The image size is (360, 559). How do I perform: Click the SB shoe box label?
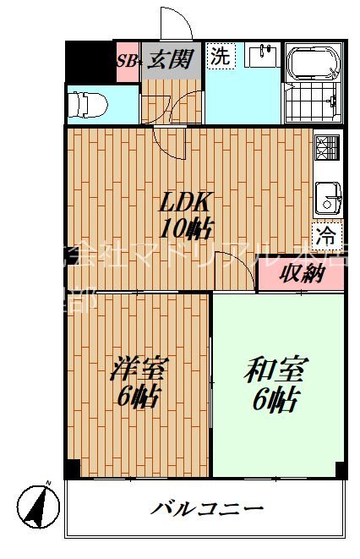127,60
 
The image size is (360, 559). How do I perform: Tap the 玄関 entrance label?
172,59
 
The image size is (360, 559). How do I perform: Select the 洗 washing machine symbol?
219,58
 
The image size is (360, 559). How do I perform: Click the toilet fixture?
89,105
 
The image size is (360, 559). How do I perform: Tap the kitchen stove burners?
325,149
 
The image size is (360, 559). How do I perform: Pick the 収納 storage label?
301,274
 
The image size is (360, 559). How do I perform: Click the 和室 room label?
276,370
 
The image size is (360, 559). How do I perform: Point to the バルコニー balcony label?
208,509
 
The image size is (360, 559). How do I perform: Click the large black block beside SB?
90,61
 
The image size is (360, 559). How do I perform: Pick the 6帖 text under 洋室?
138,396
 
